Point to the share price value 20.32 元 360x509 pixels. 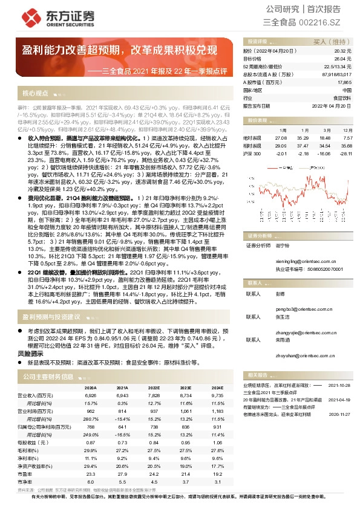[x=344, y=51]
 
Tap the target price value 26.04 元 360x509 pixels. [x=344, y=59]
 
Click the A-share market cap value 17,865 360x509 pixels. [x=344, y=82]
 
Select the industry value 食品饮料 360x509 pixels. [x=342, y=97]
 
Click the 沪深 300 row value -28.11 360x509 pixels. [x=345, y=154]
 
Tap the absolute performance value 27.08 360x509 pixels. [x=280, y=138]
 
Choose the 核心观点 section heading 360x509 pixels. [x=35, y=94]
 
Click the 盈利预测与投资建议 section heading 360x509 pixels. [x=51, y=316]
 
